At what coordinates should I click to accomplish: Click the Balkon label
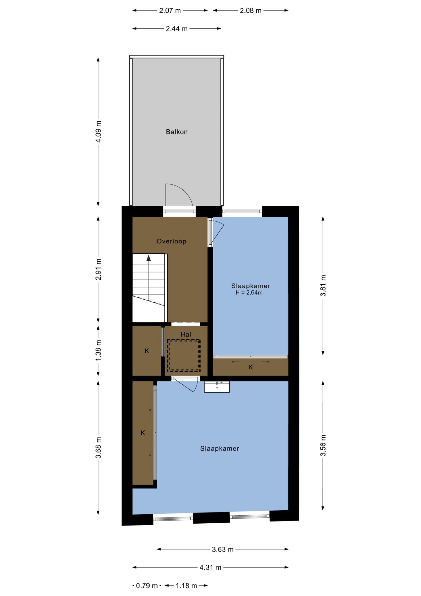tap(176, 132)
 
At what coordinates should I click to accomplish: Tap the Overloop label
tap(171, 241)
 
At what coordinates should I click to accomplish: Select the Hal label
tap(186, 334)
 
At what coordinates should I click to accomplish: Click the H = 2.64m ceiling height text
tap(249, 293)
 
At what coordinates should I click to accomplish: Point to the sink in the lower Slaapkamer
tap(217, 387)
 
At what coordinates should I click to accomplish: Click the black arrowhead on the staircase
tap(148, 258)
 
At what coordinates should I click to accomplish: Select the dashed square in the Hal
tap(184, 355)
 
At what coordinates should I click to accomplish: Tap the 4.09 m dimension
tap(98, 131)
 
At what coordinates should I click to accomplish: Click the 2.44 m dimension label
tap(176, 29)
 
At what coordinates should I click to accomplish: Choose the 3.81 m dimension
tap(323, 286)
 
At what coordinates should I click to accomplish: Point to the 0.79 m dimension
tap(147, 586)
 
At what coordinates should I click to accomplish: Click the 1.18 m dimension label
tap(186, 586)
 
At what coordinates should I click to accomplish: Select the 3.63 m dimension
tap(222, 549)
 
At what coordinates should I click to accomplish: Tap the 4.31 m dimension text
tap(210, 567)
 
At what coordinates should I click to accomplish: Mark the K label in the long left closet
tap(143, 433)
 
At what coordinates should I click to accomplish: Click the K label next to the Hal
tap(147, 351)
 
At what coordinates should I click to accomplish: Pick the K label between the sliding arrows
tap(250, 367)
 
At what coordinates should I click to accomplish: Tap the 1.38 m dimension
tap(98, 350)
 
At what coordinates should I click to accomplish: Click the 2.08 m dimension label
tap(250, 11)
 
